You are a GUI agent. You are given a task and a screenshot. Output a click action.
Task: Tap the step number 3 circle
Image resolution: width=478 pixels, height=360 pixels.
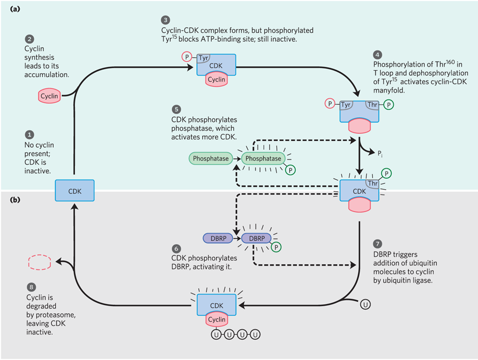pos(165,21)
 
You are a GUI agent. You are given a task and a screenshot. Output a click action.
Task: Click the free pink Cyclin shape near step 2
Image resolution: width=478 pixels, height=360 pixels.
pos(49,96)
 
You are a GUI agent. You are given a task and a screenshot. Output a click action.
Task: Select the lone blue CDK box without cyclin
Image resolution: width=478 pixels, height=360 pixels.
pos(74,191)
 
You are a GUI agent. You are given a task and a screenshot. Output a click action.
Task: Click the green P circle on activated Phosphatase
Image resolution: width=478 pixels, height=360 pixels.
pos(292,170)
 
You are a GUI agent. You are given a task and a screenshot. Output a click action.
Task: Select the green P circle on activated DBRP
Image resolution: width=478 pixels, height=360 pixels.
pos(277,247)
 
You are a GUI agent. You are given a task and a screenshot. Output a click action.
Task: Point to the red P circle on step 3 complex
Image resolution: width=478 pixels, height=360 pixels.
pos(186,56)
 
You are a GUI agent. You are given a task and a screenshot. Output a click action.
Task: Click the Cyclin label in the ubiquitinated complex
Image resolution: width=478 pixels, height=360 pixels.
pos(217,320)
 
